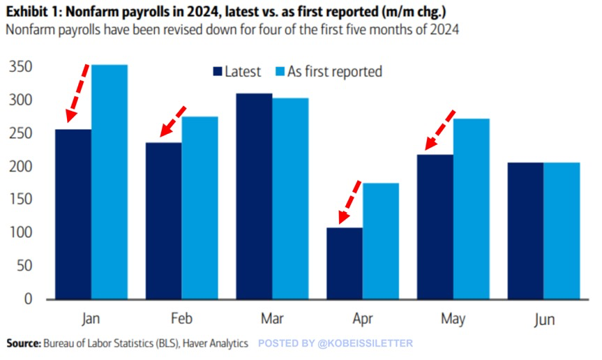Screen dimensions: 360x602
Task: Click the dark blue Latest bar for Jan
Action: click(x=73, y=214)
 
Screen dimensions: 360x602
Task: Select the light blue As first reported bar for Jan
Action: click(x=110, y=181)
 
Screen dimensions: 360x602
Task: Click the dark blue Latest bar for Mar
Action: click(x=253, y=196)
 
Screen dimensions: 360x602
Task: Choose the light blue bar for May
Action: click(x=472, y=209)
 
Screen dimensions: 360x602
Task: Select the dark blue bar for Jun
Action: click(x=525, y=231)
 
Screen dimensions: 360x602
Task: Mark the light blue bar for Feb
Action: click(x=200, y=207)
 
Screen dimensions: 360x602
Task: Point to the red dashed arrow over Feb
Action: click(x=172, y=121)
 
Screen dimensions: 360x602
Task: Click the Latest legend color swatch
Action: click(x=217, y=71)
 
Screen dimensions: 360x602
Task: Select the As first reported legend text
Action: click(x=335, y=71)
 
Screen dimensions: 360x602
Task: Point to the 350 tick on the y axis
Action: click(x=20, y=67)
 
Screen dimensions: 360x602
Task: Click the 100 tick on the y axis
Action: click(x=20, y=232)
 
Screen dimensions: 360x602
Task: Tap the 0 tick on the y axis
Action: click(x=28, y=299)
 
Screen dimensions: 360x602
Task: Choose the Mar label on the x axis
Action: click(x=271, y=320)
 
